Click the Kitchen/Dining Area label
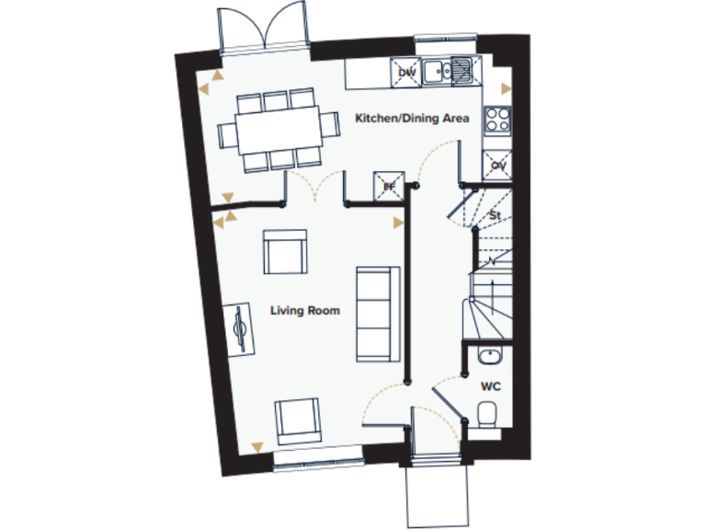413,119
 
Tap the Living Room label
304,310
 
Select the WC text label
490,386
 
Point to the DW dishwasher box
406,72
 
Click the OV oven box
498,165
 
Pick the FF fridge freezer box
389,186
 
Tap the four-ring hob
497,120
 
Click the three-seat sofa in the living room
377,312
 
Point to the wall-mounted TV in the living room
241,328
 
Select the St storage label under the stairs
495,215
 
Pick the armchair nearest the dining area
285,251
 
